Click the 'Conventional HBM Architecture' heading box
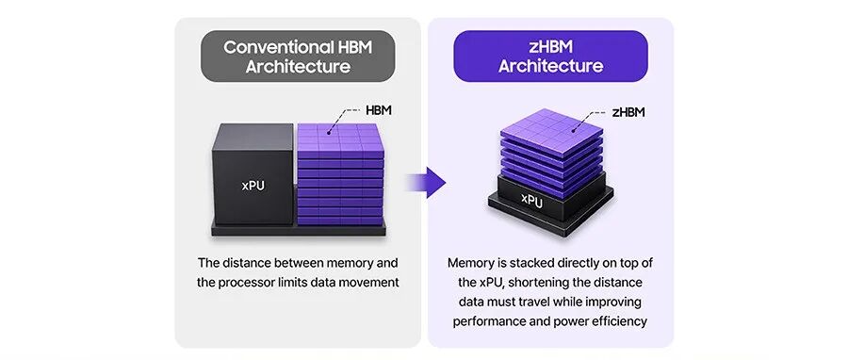click(x=298, y=57)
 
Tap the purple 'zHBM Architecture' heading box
click(x=550, y=57)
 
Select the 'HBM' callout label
click(x=379, y=111)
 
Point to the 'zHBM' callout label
click(x=628, y=112)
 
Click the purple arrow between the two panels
click(x=426, y=183)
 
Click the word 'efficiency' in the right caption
click(x=621, y=321)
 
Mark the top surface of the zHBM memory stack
click(x=551, y=130)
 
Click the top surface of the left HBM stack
click(x=339, y=137)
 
